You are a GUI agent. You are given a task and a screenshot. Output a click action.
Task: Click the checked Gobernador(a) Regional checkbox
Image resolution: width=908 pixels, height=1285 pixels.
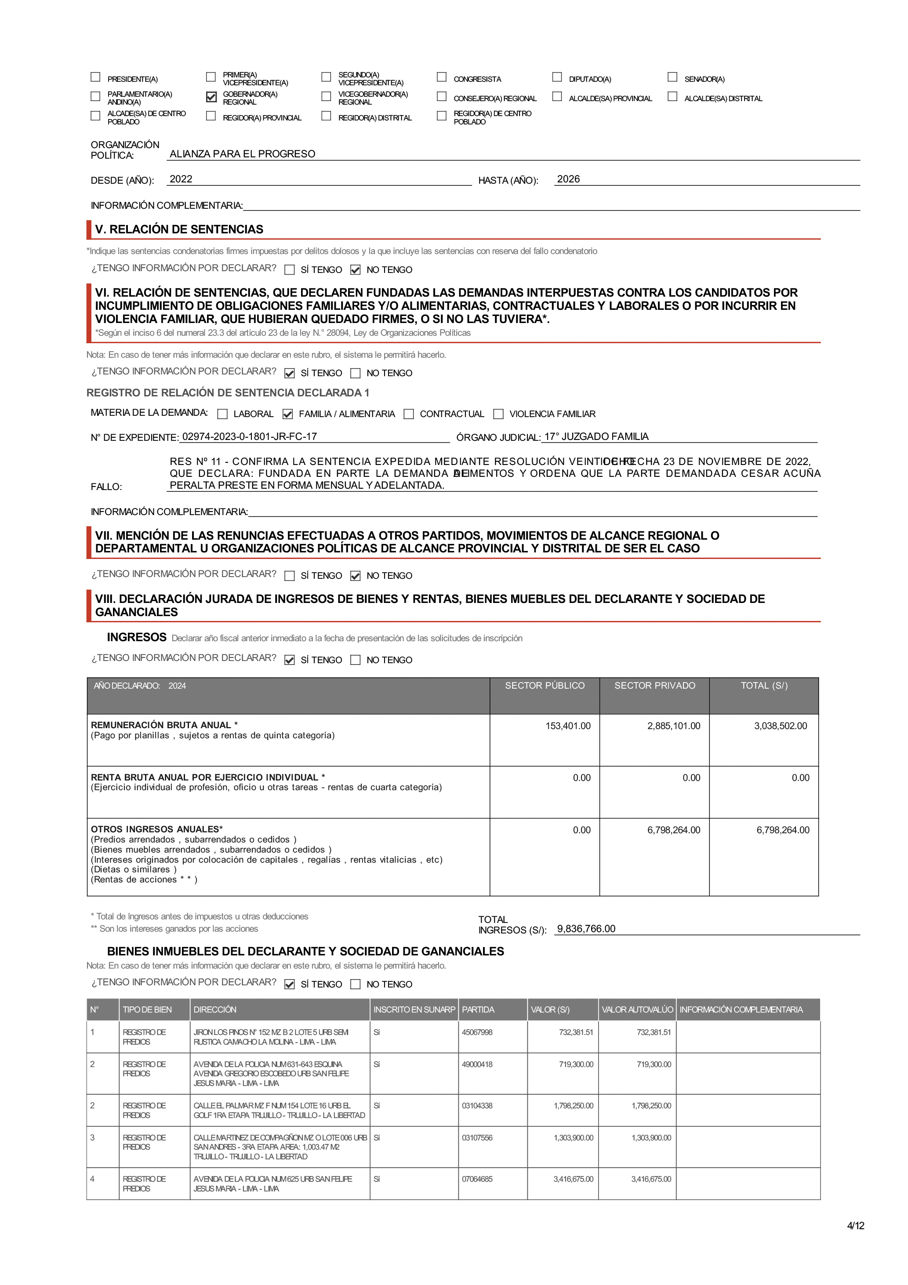click(211, 97)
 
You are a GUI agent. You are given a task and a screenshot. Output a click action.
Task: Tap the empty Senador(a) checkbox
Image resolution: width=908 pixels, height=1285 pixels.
click(672, 77)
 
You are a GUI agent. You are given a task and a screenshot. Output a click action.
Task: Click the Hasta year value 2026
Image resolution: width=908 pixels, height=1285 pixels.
click(568, 179)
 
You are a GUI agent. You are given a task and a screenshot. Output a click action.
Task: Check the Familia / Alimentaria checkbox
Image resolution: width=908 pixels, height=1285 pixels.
click(288, 414)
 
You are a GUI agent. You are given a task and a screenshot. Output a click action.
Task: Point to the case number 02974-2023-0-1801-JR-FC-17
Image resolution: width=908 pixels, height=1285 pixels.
click(249, 436)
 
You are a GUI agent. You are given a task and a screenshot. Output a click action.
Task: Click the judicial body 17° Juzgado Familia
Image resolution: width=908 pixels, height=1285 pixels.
click(596, 436)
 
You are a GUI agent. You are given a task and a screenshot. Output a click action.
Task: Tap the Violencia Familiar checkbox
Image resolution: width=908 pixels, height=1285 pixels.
click(498, 414)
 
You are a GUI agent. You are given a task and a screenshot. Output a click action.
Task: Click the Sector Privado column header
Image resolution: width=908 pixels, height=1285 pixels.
click(654, 686)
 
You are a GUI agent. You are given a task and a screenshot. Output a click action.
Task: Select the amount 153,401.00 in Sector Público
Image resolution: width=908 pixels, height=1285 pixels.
click(568, 726)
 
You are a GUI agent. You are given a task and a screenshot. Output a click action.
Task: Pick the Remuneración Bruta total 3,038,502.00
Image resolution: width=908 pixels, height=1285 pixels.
click(781, 726)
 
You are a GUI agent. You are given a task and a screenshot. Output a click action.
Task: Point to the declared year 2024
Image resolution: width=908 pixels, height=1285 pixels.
click(177, 686)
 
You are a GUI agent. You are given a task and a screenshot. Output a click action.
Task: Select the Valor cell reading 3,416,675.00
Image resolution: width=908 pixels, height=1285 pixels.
click(573, 1179)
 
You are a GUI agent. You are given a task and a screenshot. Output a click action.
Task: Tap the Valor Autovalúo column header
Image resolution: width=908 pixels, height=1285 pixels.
click(637, 1009)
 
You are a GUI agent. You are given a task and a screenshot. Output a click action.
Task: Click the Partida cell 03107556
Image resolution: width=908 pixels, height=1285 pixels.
click(477, 1138)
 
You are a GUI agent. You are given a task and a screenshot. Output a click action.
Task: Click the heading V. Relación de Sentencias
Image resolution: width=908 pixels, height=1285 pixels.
click(179, 229)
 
